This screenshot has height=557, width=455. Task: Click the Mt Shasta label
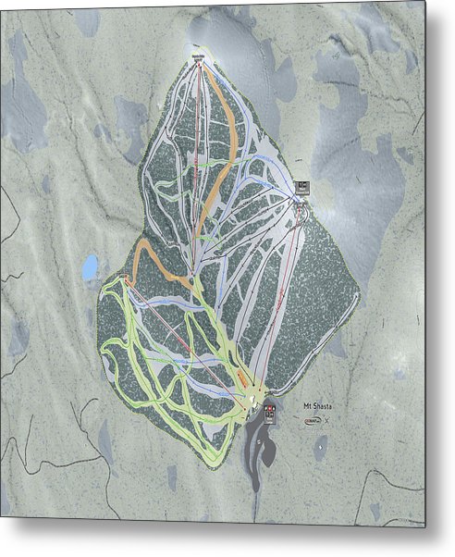tap(316, 404)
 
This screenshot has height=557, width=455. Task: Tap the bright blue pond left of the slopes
tap(90, 268)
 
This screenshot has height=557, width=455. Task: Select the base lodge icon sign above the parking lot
tap(269, 414)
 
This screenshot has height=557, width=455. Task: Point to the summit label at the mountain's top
tap(197, 58)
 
